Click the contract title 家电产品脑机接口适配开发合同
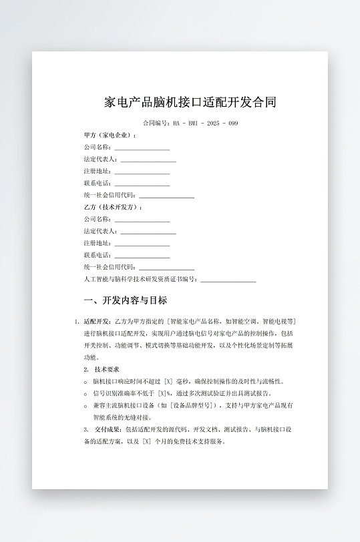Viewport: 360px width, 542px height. [190, 102]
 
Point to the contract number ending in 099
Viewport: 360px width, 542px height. [190, 123]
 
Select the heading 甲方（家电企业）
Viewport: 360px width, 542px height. [110, 135]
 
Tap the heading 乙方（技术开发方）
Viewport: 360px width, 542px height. [113, 207]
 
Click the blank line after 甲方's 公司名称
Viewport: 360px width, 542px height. [142, 148]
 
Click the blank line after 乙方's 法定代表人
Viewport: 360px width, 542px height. [148, 232]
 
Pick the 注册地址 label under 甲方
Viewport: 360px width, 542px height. [98, 171]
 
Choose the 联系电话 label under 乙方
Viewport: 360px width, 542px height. [98, 255]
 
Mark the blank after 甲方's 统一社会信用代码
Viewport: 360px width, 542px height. [166, 196]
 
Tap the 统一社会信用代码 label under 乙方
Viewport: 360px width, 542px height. [110, 267]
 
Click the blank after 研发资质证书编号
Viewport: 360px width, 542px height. [228, 280]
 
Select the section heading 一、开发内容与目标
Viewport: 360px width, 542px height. [125, 300]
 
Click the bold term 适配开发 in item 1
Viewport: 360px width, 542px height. [97, 321]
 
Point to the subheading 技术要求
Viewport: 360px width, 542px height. [107, 369]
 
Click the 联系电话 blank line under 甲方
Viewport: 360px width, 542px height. [142, 184]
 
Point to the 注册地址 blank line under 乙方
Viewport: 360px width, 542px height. [142, 244]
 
